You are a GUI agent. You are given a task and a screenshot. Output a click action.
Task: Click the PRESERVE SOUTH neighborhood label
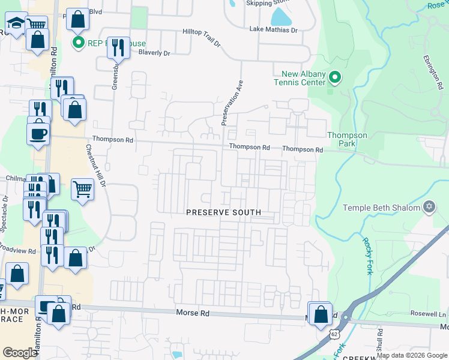coord(223,212)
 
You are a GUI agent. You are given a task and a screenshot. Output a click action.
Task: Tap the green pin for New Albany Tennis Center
coord(334,78)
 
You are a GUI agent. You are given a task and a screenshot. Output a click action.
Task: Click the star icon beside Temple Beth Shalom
coord(429,208)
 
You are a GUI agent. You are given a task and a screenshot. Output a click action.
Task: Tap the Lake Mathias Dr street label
coord(274,29)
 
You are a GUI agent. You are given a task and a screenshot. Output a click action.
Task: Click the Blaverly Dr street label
coord(154,53)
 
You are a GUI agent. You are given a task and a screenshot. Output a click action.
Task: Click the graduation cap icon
coord(17,24)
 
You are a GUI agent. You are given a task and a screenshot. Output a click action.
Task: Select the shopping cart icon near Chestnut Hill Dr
coord(83,189)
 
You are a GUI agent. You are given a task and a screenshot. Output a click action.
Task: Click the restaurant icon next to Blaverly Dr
coord(118,47)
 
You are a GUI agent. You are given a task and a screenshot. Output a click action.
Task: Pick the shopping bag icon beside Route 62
coord(321,313)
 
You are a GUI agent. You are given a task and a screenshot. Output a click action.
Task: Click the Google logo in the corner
coord(20,353)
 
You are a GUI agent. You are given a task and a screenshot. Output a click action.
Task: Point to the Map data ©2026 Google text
coord(411,355)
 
